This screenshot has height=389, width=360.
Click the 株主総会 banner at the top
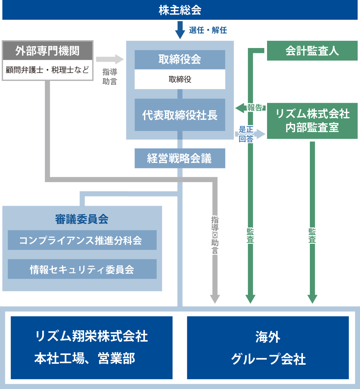pos(180,10)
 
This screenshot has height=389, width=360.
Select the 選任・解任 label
pos(208,30)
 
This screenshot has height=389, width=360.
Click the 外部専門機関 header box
pos(47,51)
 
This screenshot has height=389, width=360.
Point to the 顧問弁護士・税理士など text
pos(47,70)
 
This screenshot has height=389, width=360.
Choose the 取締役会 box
pos(180,60)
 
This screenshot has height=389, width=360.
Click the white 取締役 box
pos(180,79)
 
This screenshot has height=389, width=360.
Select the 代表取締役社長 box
pos(180,115)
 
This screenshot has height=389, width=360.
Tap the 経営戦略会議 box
pos(180,158)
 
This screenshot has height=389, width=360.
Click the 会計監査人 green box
pos(312,51)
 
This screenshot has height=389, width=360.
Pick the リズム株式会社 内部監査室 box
pos(312,121)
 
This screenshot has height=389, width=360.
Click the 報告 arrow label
pos(255,108)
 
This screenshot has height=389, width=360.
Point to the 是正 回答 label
pos(246,134)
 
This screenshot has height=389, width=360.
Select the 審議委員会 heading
pos(82,219)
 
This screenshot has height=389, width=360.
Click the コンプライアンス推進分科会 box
pos(82,240)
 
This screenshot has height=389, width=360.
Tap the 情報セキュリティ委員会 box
pos(82,269)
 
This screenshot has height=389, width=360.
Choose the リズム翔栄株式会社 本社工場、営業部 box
pos(91,348)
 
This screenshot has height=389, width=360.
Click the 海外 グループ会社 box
pos(268,348)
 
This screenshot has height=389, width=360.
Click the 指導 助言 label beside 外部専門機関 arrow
pos(110,77)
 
